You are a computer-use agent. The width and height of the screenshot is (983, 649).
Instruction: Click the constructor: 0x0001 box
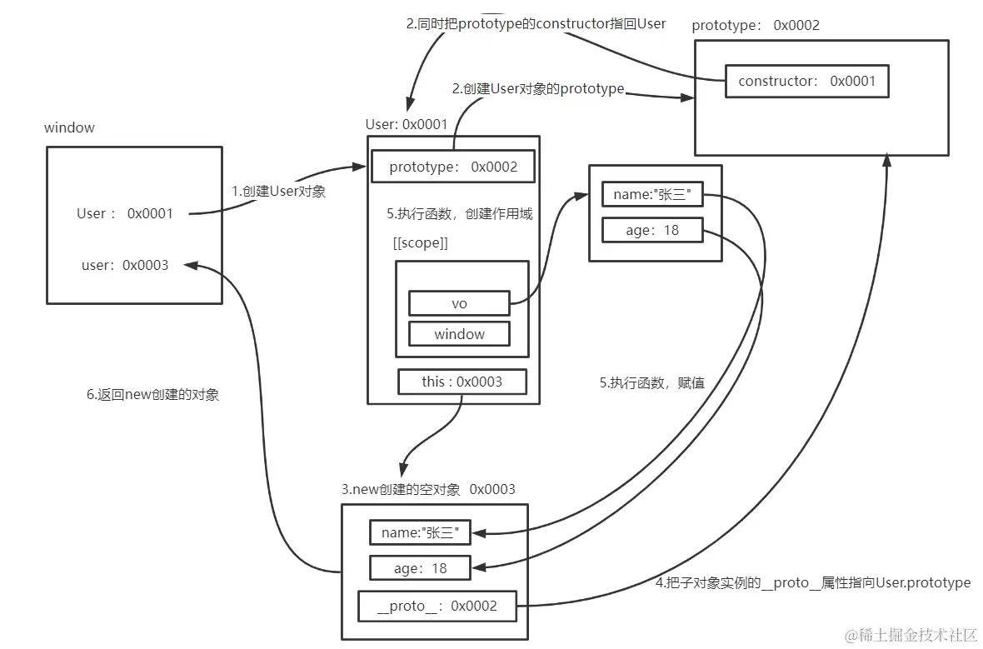point(805,82)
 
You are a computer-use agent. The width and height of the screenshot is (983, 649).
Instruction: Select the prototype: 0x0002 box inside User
point(453,167)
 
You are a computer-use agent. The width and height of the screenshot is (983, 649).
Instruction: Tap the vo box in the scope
point(459,303)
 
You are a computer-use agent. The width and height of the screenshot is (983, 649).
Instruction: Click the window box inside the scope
point(459,334)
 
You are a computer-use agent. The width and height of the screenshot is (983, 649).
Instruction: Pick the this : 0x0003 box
point(462,382)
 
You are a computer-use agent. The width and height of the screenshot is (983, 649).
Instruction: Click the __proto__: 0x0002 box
point(437,606)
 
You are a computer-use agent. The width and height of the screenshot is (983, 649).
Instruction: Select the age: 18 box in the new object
point(420,568)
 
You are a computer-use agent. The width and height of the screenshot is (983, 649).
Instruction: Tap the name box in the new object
point(420,532)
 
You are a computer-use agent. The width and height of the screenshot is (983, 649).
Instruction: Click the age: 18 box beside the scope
point(652,230)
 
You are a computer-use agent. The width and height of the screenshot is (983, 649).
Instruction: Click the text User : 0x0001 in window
point(125,213)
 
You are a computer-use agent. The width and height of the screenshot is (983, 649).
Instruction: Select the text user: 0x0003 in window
point(125,265)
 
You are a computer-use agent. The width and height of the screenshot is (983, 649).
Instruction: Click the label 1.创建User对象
point(278,191)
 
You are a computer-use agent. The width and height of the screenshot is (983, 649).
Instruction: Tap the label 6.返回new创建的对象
point(153,395)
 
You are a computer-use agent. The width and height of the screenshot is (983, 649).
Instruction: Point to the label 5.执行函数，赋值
point(652,383)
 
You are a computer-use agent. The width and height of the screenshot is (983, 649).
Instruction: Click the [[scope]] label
point(420,243)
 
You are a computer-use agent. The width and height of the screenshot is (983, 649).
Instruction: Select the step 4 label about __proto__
point(813,582)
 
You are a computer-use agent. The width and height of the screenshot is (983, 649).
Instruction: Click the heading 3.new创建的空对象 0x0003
point(428,489)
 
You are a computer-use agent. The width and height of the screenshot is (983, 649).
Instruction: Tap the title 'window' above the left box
point(69,127)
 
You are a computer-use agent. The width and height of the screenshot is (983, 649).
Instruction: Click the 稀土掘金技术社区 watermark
point(912,635)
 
